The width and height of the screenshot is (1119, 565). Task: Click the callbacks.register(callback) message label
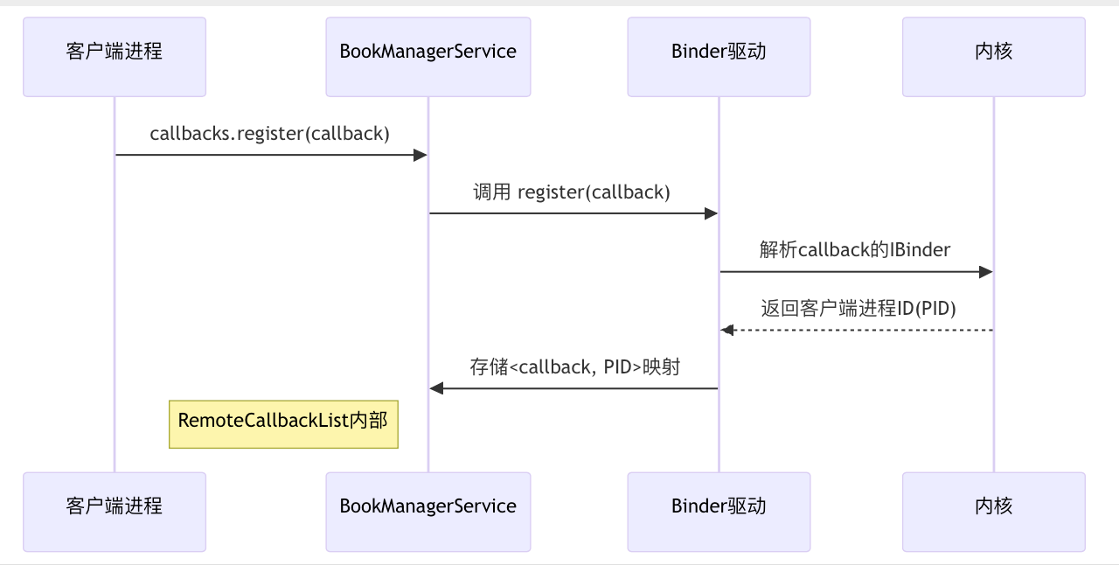(x=269, y=134)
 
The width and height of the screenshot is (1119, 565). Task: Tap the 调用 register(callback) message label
(x=572, y=192)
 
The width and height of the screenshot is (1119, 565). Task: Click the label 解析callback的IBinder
(x=855, y=250)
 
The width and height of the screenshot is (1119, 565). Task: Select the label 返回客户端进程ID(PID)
(x=858, y=308)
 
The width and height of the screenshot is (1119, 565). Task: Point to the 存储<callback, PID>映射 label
(x=574, y=366)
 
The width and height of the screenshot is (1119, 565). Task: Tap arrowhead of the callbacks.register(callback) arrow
(x=420, y=155)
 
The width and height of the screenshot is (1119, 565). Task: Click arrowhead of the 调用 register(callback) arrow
(x=712, y=213)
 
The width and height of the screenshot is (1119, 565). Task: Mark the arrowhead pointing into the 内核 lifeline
(x=986, y=272)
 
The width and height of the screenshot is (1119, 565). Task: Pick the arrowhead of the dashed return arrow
(x=726, y=330)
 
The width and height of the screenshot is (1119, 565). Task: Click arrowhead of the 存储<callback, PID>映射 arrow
(x=436, y=388)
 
